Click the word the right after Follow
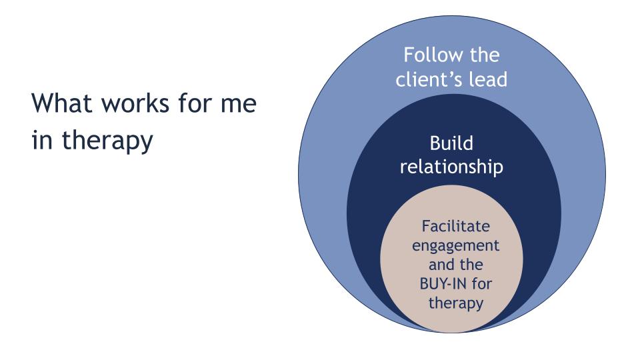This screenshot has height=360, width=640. pos(479,55)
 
